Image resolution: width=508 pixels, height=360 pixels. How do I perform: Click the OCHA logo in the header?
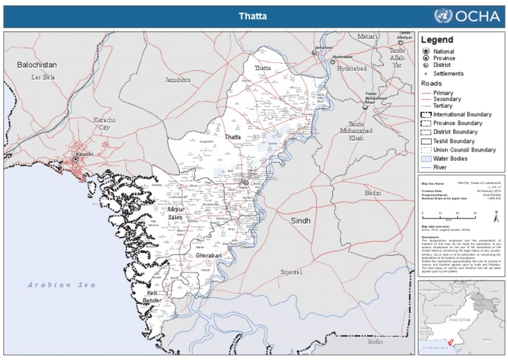click(466, 17)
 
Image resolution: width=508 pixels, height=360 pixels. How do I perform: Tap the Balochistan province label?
click(37, 65)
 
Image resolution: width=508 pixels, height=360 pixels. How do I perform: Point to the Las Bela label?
click(44, 77)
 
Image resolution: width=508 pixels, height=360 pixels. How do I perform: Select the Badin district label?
click(372, 193)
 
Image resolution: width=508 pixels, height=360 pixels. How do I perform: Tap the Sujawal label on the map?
click(290, 272)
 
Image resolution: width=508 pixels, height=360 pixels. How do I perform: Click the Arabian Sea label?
click(61, 285)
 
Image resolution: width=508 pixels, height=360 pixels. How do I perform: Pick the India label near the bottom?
click(375, 341)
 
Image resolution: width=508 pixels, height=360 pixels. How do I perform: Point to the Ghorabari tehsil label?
click(196, 255)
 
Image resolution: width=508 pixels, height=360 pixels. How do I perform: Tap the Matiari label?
click(368, 37)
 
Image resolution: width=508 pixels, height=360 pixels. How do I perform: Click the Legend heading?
click(437, 40)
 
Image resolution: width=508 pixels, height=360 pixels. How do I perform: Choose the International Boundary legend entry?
click(460, 114)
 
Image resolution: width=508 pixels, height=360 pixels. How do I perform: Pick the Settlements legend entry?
click(448, 73)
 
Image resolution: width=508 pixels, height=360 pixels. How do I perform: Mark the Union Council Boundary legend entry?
click(464, 150)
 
